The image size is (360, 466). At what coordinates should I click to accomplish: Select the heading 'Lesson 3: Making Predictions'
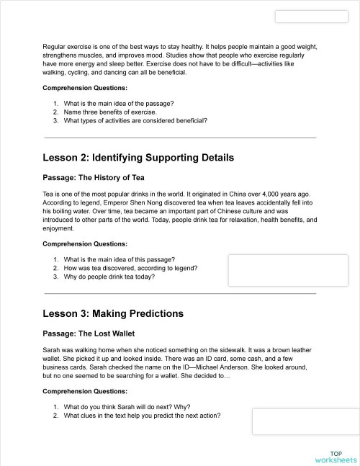click(x=113, y=313)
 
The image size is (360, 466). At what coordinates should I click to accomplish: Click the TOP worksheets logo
click(x=336, y=457)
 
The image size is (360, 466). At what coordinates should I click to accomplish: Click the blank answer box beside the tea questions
click(x=288, y=271)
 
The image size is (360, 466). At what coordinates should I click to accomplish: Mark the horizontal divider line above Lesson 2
click(x=180, y=138)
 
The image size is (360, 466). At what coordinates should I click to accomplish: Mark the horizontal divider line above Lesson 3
click(x=180, y=294)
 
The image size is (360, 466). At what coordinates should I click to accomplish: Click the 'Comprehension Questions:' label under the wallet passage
click(x=85, y=391)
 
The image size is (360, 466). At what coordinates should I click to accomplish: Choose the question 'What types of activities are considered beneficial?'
click(x=135, y=121)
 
